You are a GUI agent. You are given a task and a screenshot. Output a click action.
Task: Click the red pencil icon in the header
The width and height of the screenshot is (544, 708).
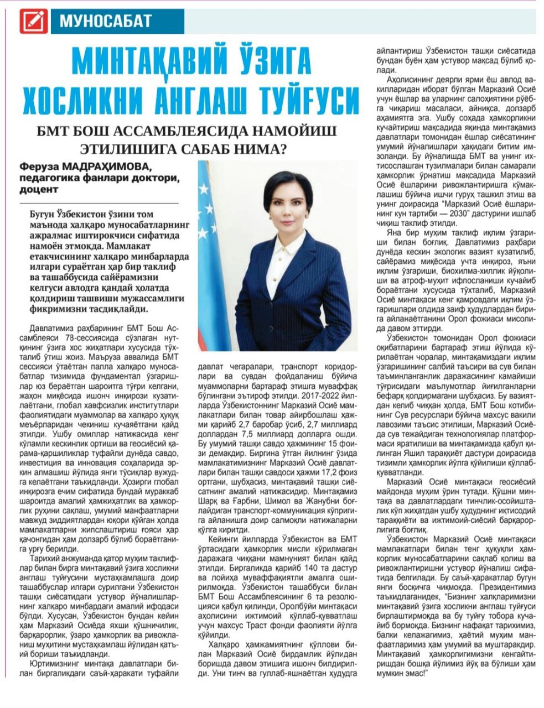tap(34, 22)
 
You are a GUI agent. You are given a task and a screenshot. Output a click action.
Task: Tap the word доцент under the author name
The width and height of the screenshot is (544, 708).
tap(39, 189)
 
